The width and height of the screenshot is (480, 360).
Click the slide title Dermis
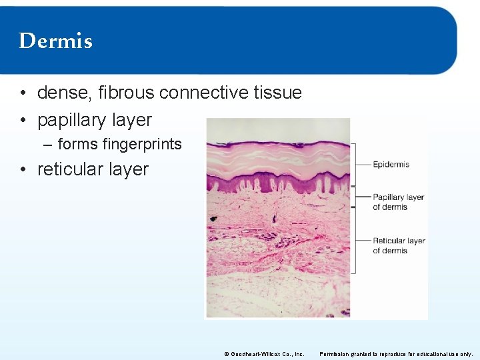click(x=55, y=41)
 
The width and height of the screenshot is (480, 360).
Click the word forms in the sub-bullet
click(x=77, y=144)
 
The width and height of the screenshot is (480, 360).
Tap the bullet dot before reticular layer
click(x=23, y=170)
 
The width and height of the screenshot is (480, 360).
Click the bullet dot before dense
click(x=23, y=93)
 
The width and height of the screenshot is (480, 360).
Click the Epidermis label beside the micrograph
click(x=391, y=164)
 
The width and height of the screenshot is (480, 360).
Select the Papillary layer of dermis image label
click(x=398, y=202)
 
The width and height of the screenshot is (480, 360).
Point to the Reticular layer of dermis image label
click(x=399, y=245)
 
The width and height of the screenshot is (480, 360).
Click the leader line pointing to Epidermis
click(x=363, y=164)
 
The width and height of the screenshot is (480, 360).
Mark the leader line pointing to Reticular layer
click(x=363, y=240)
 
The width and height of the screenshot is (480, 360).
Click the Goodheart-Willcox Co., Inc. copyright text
click(x=264, y=354)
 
